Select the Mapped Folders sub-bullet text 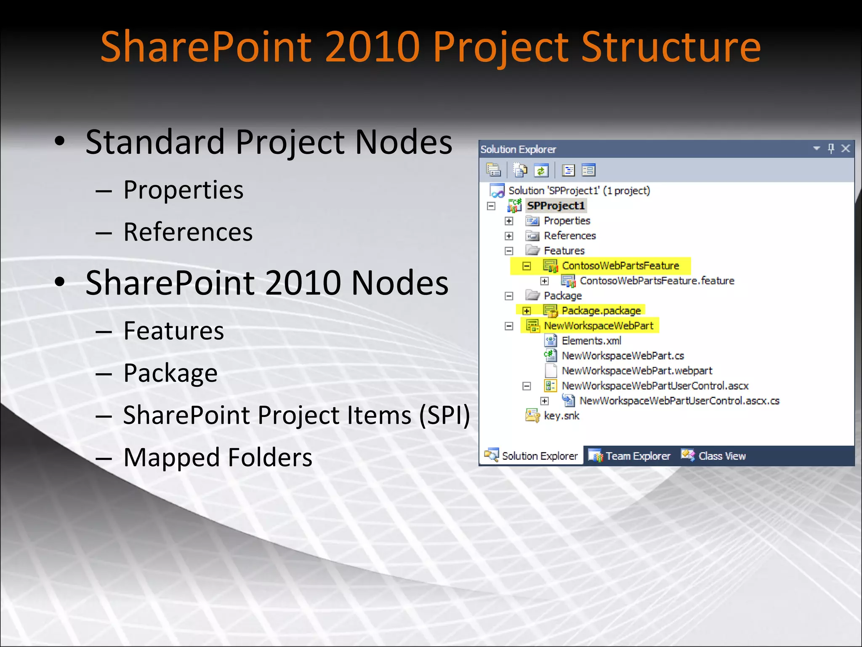[x=218, y=457]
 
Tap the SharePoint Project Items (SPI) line [x=296, y=415]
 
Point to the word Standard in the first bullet [x=155, y=142]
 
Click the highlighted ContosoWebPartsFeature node [x=620, y=266]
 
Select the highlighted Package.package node [x=601, y=311]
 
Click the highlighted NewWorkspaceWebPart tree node [x=598, y=326]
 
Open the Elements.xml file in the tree [x=591, y=341]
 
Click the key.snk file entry [x=561, y=416]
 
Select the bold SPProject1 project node [x=556, y=206]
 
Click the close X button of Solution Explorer [x=846, y=148]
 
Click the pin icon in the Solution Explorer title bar [x=831, y=148]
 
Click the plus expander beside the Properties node [x=509, y=221]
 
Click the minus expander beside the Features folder [x=509, y=251]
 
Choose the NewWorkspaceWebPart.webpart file [x=636, y=371]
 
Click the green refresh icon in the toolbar [x=541, y=171]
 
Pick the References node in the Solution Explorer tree [x=569, y=236]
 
